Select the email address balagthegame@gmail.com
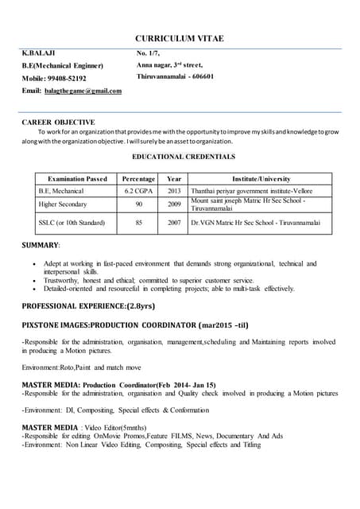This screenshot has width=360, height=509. point(83,91)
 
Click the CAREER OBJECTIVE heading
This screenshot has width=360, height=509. point(57,123)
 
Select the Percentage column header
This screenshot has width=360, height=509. point(139,180)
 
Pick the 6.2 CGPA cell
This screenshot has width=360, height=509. point(139,192)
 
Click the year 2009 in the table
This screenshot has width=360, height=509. point(174,204)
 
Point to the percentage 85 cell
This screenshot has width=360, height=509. point(139,223)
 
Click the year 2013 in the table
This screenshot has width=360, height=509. point(174,192)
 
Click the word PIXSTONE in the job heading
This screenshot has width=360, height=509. point(42,325)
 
